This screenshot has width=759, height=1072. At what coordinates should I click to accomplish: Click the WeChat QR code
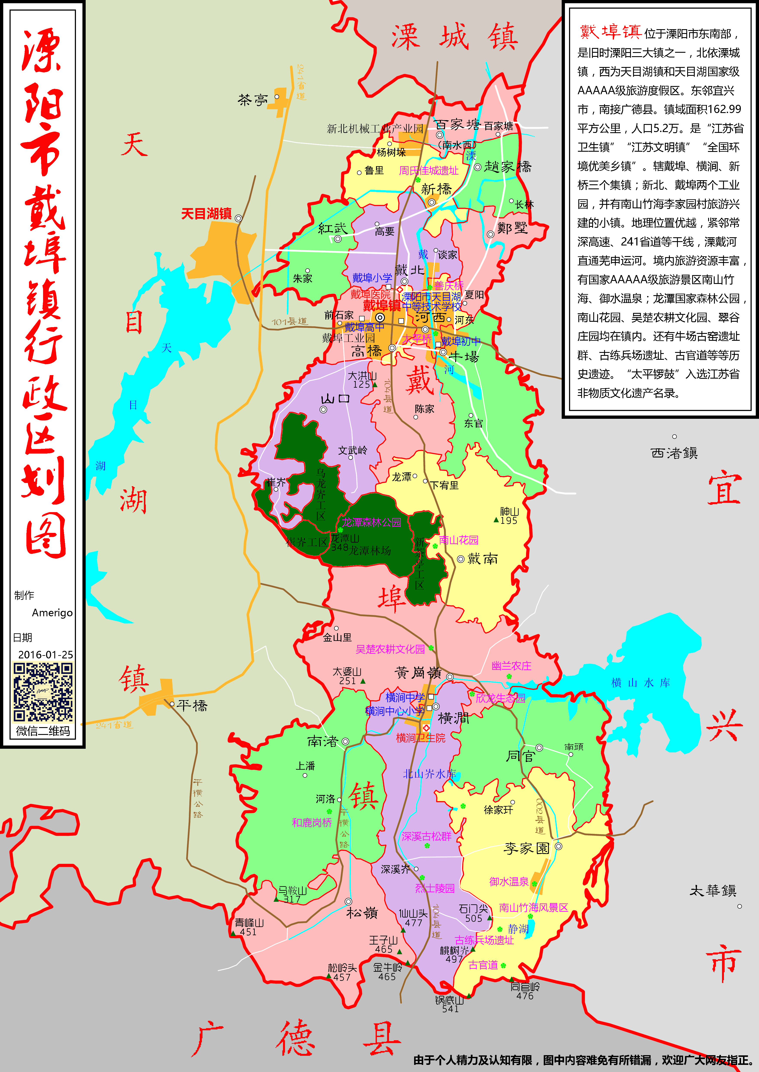click(43, 692)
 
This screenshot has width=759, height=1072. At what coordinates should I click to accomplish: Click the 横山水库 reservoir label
click(640, 683)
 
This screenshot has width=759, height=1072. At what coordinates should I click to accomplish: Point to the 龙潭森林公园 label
click(371, 522)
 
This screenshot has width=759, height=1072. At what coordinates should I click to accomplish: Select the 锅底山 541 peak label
click(450, 1004)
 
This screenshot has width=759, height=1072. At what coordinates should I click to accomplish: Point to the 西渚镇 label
click(674, 453)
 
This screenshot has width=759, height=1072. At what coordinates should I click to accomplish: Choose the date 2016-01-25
click(45, 655)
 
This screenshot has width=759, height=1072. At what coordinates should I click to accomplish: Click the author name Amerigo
click(52, 613)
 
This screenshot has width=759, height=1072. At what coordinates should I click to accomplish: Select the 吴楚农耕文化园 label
click(390, 649)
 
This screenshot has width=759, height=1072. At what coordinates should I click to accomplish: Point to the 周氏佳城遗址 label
click(429, 170)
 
